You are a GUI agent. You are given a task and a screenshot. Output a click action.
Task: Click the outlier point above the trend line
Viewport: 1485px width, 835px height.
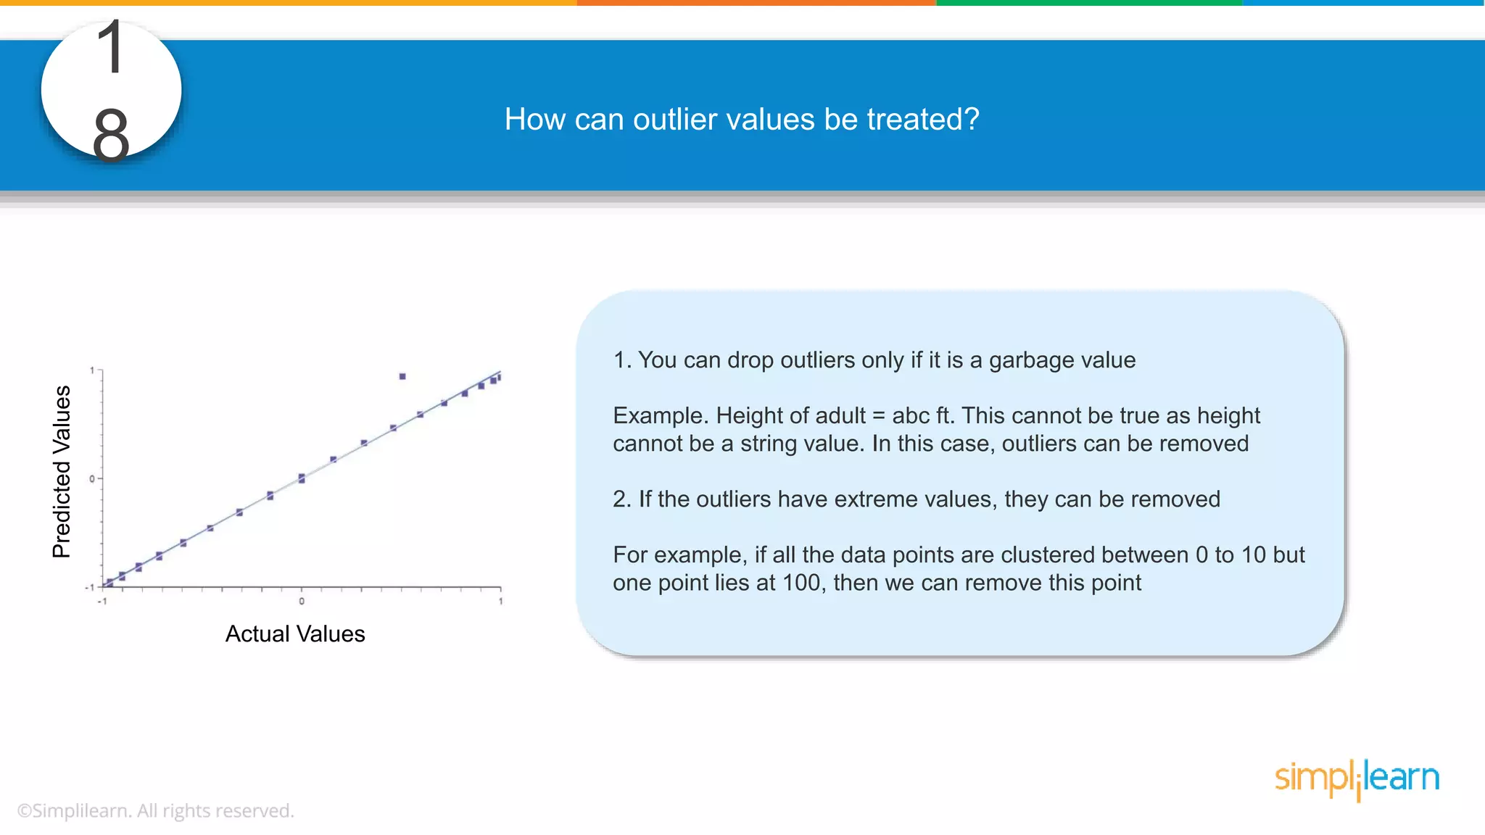click(x=402, y=376)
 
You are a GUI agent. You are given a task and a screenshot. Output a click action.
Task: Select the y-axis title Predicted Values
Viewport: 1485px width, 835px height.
click(x=62, y=471)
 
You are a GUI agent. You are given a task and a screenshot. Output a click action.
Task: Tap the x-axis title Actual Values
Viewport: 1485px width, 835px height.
click(x=295, y=634)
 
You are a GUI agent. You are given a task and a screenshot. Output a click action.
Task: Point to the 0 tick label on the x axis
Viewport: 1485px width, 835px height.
click(x=302, y=602)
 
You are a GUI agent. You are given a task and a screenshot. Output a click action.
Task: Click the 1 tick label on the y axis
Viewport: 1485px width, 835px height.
click(x=92, y=370)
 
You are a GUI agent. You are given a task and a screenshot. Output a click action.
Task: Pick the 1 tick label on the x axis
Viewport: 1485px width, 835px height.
click(x=500, y=602)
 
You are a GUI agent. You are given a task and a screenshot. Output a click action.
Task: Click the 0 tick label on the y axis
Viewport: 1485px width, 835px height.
click(x=92, y=478)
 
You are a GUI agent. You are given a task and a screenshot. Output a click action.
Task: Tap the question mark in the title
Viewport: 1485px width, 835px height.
click(x=971, y=120)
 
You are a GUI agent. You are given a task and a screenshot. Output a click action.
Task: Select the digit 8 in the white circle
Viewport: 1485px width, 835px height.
click(x=111, y=134)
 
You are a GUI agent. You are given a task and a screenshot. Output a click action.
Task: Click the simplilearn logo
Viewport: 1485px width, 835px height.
click(x=1357, y=779)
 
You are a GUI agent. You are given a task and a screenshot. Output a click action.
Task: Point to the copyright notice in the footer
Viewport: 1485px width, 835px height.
click(x=155, y=810)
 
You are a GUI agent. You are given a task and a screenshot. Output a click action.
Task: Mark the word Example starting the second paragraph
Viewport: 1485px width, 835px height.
click(x=660, y=416)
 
